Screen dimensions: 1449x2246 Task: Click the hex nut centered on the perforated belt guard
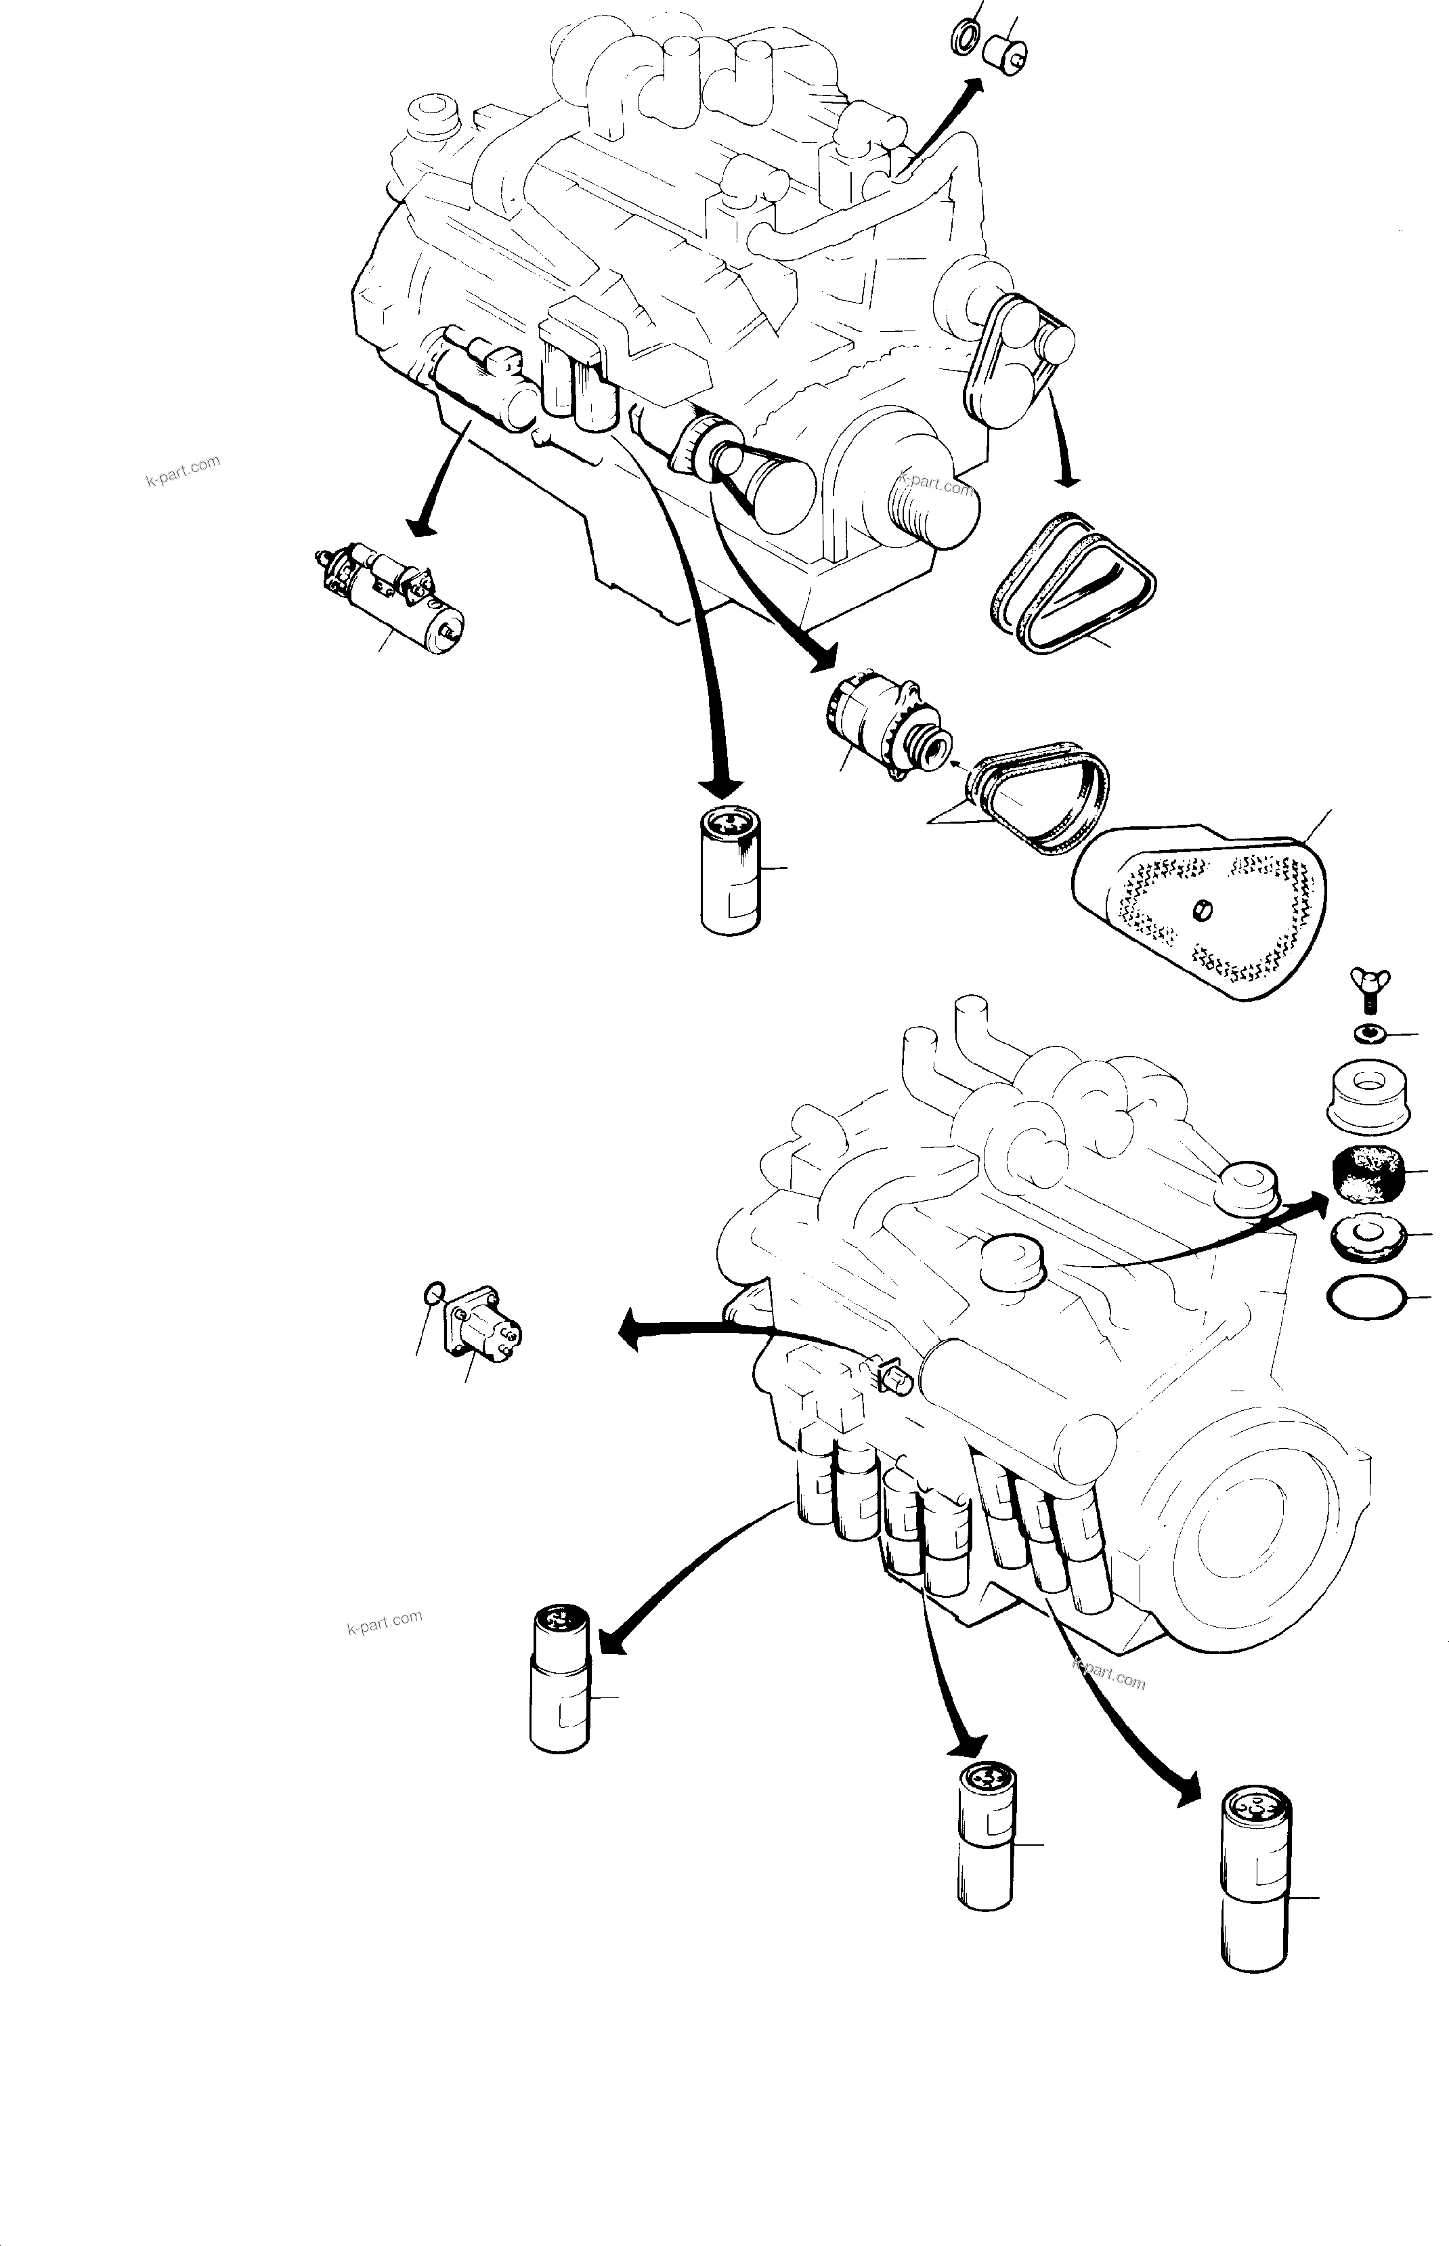pyautogui.click(x=1202, y=910)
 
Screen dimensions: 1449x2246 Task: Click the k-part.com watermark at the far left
pyautogui.click(x=183, y=471)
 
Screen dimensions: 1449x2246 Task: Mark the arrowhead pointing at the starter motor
pyautogui.click(x=423, y=528)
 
